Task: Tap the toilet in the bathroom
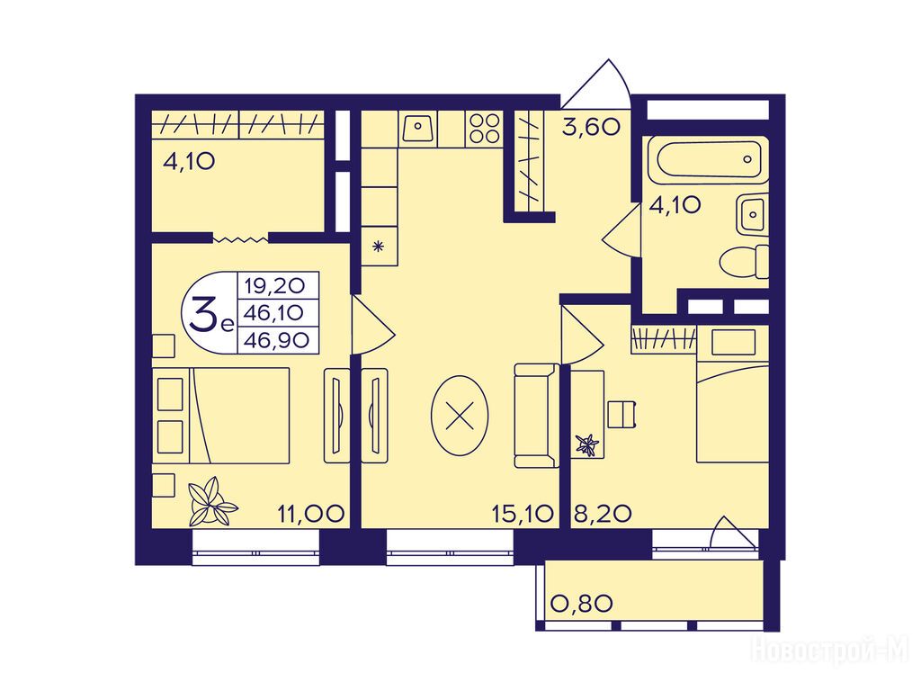coord(744,262)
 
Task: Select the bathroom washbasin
coord(752,214)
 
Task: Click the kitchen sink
coord(418,128)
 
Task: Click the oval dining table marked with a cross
coord(460,416)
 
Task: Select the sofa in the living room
coord(536,416)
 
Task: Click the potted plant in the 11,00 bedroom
coord(212,501)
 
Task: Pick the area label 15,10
coord(523,514)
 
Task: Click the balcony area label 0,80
coord(582,604)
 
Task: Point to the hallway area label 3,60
coord(591,127)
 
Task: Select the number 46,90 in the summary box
coord(277,340)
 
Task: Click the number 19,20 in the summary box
coord(275,286)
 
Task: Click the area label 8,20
coord(602,514)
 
